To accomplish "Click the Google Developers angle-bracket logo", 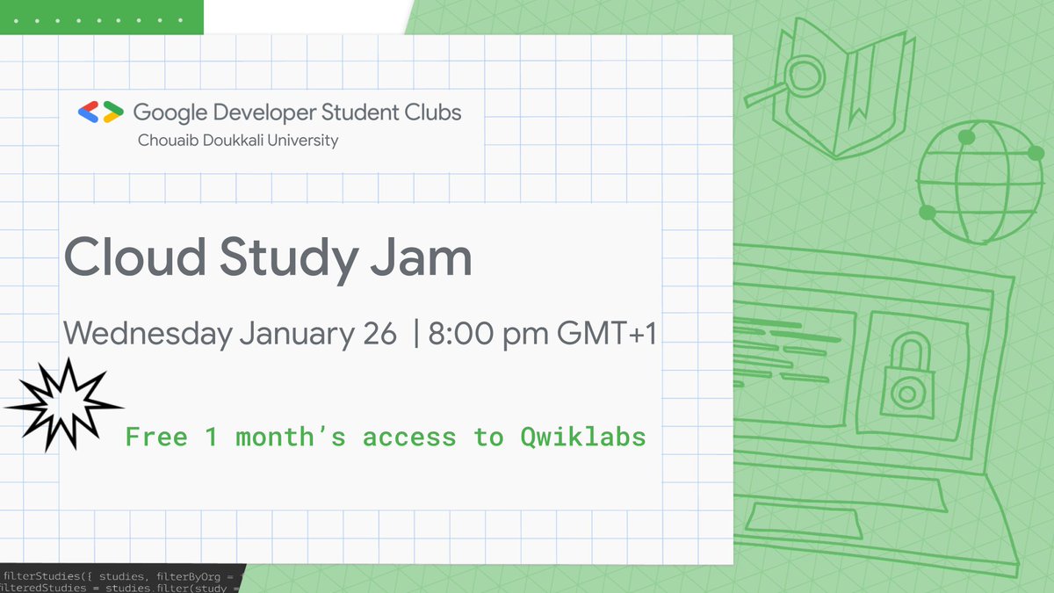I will pos(100,112).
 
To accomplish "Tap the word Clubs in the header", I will pos(433,112).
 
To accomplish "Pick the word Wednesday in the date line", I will pos(148,334).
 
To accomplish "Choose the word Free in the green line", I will pos(156,437).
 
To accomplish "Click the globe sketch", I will pos(972,183).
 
